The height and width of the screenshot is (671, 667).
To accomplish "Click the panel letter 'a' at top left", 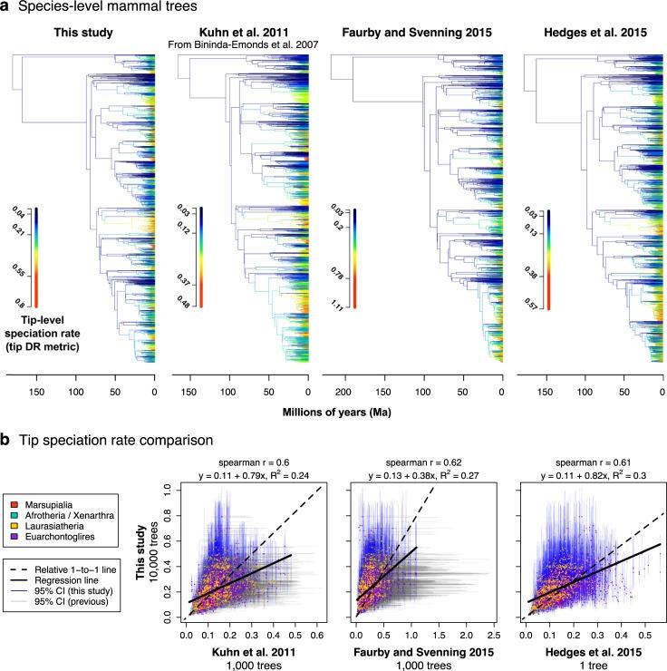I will (x=7, y=10).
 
